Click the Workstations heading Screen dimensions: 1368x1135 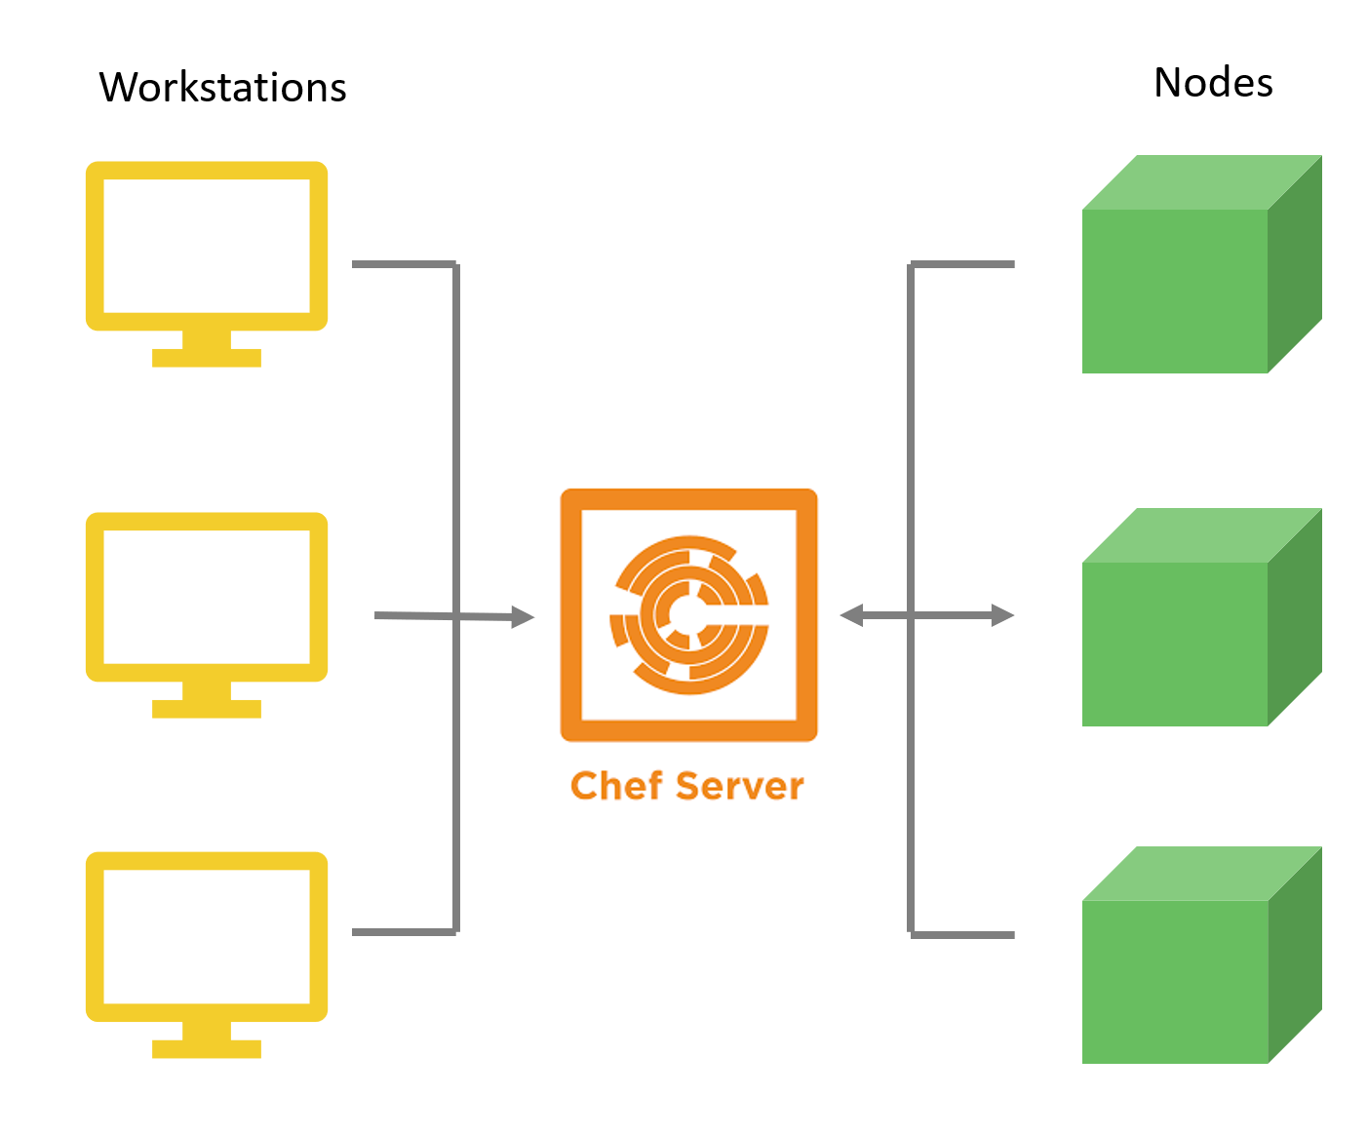click(x=222, y=87)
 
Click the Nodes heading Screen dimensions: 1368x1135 click(x=1213, y=83)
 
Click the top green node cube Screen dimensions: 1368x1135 click(x=1174, y=291)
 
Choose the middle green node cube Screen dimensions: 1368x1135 click(x=1174, y=644)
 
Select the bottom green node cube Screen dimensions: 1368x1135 click(x=1174, y=982)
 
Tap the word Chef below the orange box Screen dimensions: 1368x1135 click(x=616, y=785)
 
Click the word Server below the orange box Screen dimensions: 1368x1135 click(x=740, y=785)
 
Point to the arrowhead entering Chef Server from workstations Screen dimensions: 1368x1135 click(x=523, y=616)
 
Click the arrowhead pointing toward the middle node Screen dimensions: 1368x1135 click(x=1002, y=615)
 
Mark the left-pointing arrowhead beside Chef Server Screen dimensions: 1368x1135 click(x=852, y=615)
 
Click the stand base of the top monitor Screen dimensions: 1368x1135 click(x=207, y=358)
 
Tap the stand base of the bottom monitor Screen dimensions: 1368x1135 click(x=207, y=1049)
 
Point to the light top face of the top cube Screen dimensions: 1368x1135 click(x=1201, y=182)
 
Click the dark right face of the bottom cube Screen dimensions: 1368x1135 click(x=1295, y=955)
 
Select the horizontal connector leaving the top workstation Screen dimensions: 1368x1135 click(x=405, y=264)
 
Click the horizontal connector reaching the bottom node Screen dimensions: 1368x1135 click(x=962, y=935)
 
